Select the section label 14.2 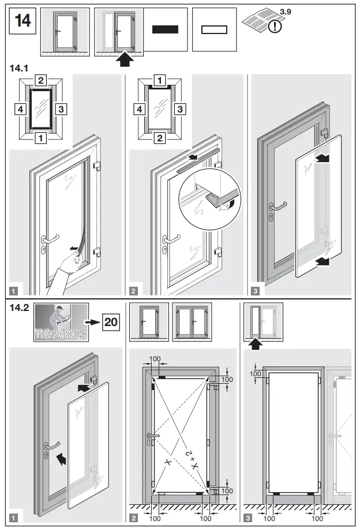19,308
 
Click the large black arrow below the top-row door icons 124,59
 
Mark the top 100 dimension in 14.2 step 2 155,359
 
